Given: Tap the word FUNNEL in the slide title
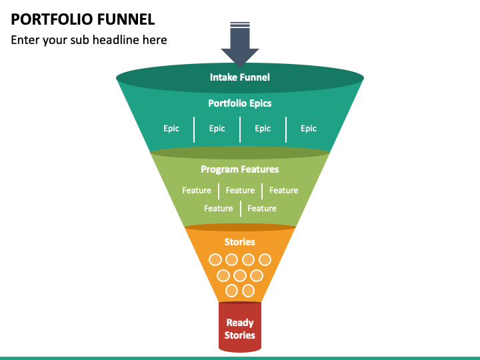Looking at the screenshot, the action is point(122,19).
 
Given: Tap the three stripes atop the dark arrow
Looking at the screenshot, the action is point(240,25).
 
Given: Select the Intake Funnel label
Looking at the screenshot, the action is point(240,77).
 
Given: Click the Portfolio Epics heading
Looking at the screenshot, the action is point(240,103).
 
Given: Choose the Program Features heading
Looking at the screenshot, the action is point(240,169).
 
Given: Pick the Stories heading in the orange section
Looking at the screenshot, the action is point(240,242).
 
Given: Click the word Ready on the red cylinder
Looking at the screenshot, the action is point(240,323).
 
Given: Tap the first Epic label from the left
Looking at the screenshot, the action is point(171,129).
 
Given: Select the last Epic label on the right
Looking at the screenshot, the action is point(309,129).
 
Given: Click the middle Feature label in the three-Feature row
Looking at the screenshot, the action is point(240,191).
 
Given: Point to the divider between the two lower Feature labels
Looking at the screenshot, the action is point(241,209).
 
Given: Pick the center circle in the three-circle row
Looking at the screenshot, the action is point(240,275).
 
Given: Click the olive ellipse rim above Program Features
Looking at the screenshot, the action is point(240,153).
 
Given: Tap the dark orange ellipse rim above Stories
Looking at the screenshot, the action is point(240,227).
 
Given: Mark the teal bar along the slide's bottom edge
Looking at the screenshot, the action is point(240,358).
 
